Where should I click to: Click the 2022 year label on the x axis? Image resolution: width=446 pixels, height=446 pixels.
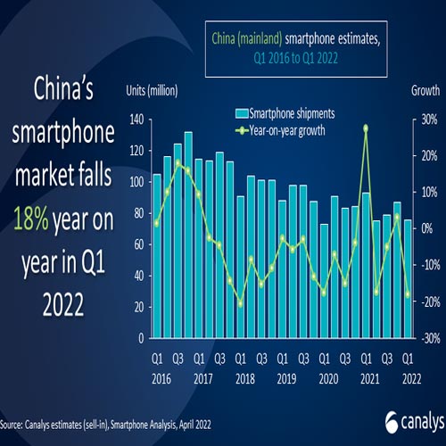click(x=408, y=377)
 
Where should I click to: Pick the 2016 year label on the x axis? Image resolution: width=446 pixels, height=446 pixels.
click(x=157, y=377)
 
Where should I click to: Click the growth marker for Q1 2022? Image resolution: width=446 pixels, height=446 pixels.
click(x=408, y=295)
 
